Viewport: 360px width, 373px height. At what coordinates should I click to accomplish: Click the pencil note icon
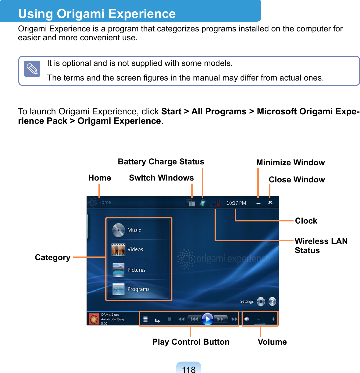(x=32, y=69)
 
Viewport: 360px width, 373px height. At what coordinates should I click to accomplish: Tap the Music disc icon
(x=119, y=230)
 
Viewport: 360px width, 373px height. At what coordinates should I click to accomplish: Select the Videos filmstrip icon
(x=118, y=249)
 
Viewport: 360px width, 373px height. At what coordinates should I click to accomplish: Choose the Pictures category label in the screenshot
(x=137, y=270)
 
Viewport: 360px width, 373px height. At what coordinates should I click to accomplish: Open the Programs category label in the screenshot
(x=138, y=289)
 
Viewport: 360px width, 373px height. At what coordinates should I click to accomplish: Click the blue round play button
(x=208, y=319)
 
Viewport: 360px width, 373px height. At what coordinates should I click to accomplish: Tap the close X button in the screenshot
(x=270, y=203)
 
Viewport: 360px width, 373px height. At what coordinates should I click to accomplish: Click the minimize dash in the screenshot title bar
(x=258, y=203)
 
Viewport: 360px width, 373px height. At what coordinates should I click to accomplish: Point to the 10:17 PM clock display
(x=236, y=203)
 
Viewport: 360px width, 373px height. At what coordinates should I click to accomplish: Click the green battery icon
(x=203, y=203)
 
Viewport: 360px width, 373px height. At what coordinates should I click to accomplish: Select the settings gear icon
(x=261, y=302)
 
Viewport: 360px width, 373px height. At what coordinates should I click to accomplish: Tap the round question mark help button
(x=272, y=302)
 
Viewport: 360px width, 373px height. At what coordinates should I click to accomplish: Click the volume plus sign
(x=273, y=319)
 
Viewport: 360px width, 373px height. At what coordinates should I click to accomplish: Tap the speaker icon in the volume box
(x=247, y=319)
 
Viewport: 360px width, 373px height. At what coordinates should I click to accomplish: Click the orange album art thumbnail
(x=94, y=319)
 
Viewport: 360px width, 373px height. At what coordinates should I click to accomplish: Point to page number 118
(x=189, y=369)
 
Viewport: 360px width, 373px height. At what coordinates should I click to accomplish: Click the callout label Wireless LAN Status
(x=321, y=246)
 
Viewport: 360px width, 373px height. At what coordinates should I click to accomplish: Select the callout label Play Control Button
(x=191, y=342)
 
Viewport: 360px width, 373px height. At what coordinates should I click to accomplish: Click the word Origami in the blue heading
(x=81, y=14)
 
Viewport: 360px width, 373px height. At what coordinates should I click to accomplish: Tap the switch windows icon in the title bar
(x=191, y=203)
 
